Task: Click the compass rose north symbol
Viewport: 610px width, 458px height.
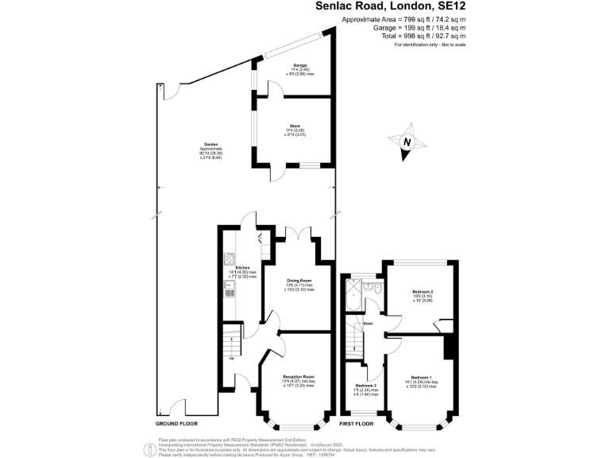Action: (407, 142)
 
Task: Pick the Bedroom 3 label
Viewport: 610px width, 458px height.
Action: (365, 388)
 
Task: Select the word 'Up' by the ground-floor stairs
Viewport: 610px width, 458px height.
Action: (232, 358)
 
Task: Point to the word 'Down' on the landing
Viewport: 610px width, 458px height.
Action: (368, 324)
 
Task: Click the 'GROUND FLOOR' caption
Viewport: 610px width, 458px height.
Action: (176, 425)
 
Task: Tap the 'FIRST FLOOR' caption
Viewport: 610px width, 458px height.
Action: (357, 425)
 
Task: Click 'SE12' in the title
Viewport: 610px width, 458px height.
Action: (447, 6)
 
